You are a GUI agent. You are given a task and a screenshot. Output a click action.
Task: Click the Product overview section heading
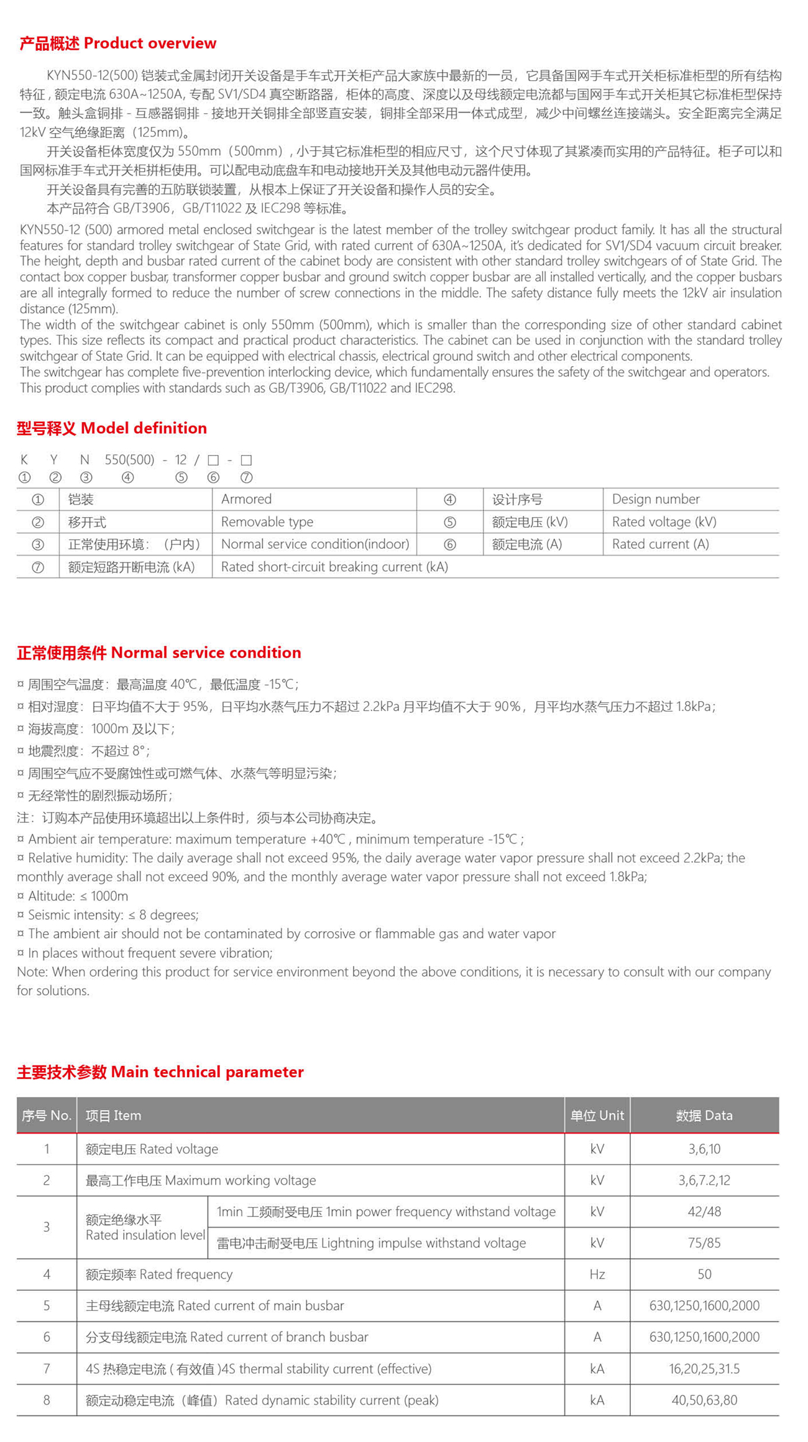(x=118, y=43)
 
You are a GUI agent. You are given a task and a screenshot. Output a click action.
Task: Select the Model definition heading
(x=112, y=428)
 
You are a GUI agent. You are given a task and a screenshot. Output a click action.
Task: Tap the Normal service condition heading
(x=159, y=652)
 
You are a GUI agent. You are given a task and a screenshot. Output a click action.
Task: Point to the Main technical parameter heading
(x=160, y=1072)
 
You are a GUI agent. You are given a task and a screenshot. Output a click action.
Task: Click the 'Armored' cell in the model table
(x=246, y=499)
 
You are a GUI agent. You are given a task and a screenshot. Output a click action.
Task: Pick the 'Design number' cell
(x=656, y=499)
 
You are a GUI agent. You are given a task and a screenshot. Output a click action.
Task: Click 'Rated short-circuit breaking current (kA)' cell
(x=334, y=567)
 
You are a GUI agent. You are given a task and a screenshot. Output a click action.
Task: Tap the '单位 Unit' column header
(x=597, y=1115)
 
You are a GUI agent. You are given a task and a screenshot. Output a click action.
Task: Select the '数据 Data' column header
(x=704, y=1115)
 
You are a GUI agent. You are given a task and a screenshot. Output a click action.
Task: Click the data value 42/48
(x=704, y=1211)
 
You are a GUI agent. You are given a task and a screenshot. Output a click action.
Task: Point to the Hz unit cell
(x=597, y=1274)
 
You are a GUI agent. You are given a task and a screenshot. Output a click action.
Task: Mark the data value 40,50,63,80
(x=704, y=1400)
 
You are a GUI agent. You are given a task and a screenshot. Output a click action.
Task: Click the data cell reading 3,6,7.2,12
(x=704, y=1180)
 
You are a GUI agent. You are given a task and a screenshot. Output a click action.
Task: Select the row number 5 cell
(x=47, y=1306)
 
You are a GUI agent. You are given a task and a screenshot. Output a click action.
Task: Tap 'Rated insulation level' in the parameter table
(x=145, y=1235)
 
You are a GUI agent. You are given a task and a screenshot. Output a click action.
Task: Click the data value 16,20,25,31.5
(x=704, y=1369)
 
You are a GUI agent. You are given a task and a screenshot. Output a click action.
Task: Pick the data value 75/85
(x=704, y=1243)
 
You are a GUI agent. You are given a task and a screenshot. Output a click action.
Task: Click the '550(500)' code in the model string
(x=129, y=460)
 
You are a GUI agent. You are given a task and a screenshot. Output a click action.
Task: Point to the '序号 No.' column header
(x=47, y=1115)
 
